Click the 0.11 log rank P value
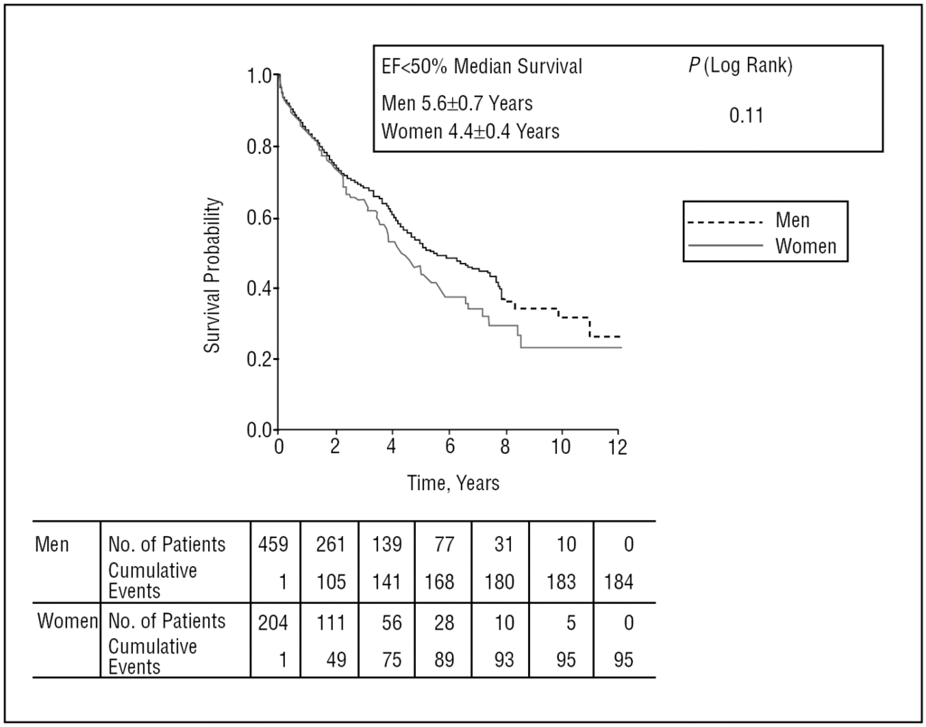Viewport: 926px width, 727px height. (x=746, y=115)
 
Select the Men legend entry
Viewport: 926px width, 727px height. (x=792, y=220)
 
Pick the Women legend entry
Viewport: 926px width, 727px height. (x=806, y=245)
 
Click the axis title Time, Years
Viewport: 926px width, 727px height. (x=452, y=483)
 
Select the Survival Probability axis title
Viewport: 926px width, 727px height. (x=212, y=275)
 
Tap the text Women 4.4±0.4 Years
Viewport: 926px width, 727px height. (x=470, y=131)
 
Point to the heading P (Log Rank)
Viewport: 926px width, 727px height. (x=740, y=67)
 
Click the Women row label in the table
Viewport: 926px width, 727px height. (x=67, y=621)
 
